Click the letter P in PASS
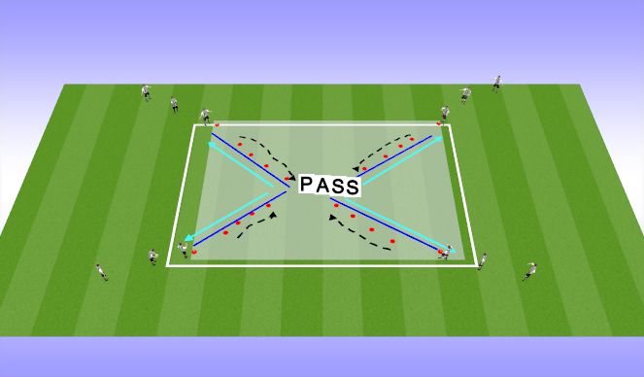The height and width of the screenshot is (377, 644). tap(306, 185)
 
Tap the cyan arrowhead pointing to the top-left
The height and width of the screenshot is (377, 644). tap(211, 145)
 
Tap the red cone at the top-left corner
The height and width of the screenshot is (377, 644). tap(217, 124)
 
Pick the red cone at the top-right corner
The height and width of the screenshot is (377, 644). tap(439, 123)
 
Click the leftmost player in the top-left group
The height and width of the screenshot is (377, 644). tap(146, 92)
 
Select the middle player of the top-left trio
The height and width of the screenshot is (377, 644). tap(175, 103)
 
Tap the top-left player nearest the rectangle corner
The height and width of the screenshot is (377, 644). tap(205, 116)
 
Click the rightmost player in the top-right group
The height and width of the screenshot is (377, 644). tap(496, 83)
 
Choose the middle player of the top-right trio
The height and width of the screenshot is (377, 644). tap(464, 95)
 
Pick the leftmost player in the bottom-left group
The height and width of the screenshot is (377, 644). tap(101, 271)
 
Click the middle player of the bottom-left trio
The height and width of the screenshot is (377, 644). tap(153, 257)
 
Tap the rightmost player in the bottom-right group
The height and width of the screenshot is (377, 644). tap(529, 270)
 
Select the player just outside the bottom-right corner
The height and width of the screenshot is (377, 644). tap(482, 260)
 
